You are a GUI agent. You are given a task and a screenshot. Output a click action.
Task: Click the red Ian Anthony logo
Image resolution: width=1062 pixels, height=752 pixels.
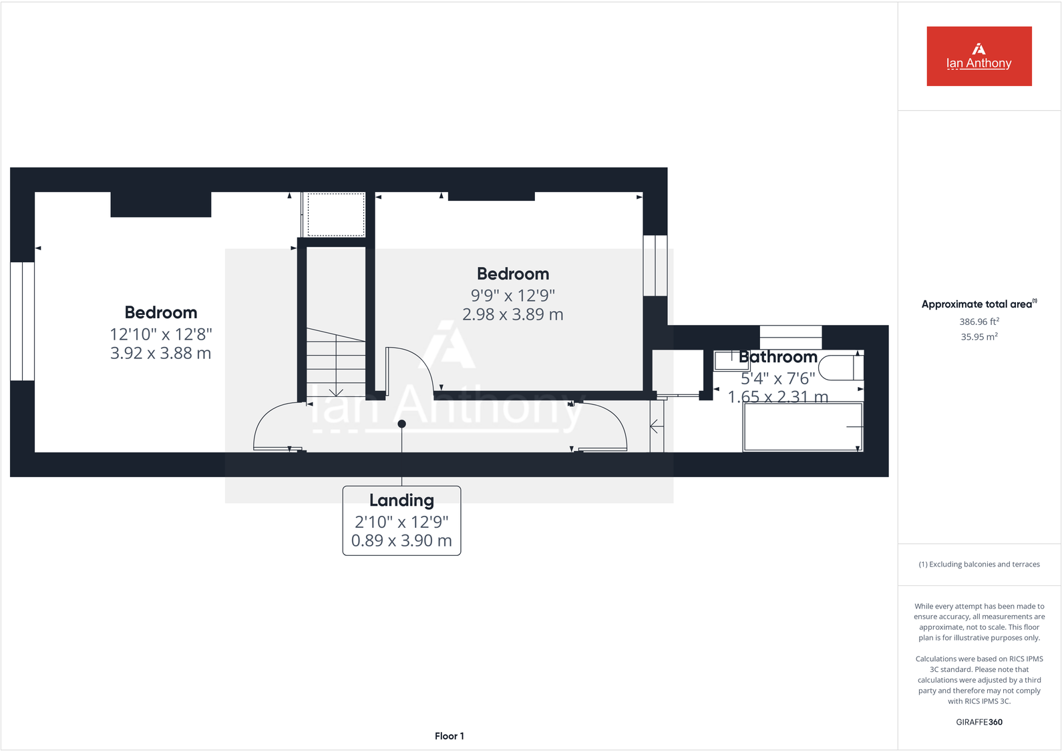coord(979,56)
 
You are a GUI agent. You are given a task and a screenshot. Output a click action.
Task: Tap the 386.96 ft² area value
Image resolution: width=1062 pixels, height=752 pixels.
coord(979,322)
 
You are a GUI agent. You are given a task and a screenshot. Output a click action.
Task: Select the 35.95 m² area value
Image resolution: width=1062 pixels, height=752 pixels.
coord(979,337)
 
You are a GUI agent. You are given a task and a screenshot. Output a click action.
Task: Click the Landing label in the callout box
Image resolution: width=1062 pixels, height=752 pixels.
coord(401,500)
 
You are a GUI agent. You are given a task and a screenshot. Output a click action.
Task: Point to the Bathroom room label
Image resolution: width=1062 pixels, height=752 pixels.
coord(777,357)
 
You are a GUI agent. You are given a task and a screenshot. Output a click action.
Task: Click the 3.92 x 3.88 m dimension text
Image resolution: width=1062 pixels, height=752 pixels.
coord(160,353)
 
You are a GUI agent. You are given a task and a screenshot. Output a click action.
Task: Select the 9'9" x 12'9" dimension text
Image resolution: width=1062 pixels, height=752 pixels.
coord(512,295)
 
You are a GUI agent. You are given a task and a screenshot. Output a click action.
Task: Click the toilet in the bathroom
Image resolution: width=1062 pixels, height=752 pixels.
coord(841,368)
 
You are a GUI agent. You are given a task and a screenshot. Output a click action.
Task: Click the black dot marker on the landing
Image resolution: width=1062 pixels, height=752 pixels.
coord(401,424)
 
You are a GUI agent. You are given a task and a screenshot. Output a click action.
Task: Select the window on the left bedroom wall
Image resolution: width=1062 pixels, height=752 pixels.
coord(22,321)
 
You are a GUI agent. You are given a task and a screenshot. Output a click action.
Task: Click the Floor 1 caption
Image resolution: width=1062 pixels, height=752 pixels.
coord(449,736)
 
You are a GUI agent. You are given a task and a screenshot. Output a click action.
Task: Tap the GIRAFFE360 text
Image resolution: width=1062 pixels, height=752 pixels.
coord(979,722)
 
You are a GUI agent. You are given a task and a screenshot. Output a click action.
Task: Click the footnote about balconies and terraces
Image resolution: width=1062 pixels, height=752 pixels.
coord(979,565)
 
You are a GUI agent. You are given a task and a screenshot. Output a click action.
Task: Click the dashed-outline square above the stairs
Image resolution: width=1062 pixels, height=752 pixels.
coord(335,214)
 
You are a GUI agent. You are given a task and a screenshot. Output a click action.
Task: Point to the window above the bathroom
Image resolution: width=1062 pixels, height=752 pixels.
coord(790,336)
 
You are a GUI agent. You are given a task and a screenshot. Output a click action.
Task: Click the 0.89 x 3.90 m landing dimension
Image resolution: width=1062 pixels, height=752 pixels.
coord(401,540)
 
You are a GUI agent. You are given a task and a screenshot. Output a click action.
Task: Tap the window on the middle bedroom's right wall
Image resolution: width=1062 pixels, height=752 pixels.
coord(655,265)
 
